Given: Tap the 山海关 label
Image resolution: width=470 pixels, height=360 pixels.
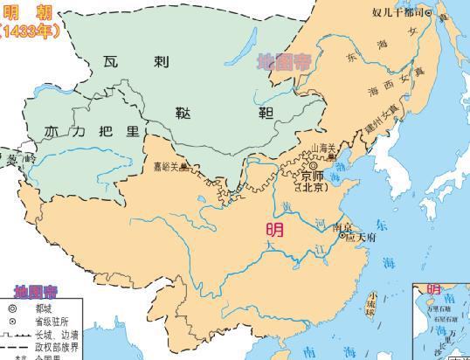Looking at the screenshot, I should click(323, 149).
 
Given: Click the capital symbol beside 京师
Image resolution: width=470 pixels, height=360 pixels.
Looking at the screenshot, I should click(313, 164).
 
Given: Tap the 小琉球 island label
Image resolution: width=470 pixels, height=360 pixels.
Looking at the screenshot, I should click(375, 302).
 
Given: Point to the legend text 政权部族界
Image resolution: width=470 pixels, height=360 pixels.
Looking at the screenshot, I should click(57, 346).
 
